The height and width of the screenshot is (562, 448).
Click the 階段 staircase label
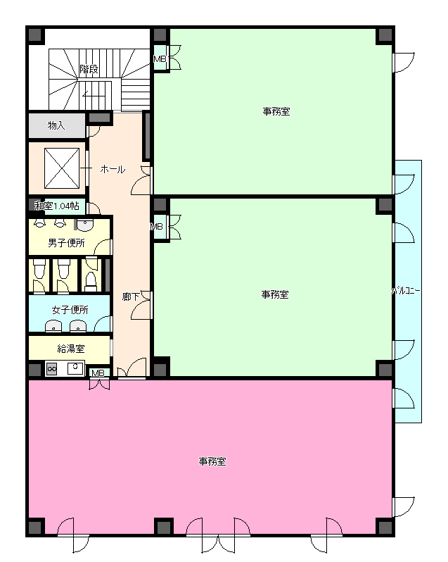pyautogui.click(x=89, y=68)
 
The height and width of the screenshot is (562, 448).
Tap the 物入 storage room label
pyautogui.click(x=56, y=125)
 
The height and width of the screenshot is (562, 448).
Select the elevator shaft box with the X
pyautogui.click(x=62, y=168)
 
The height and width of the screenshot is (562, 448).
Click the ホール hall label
pyautogui.click(x=113, y=169)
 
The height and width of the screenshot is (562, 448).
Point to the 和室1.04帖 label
pyautogui.click(x=57, y=206)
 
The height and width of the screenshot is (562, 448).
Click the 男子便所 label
pyautogui.click(x=66, y=243)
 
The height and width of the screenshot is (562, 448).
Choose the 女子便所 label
pyautogui.click(x=70, y=310)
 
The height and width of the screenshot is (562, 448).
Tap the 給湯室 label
pyautogui.click(x=71, y=349)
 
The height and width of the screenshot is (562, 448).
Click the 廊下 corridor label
pyautogui.click(x=130, y=296)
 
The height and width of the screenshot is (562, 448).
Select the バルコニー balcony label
pyautogui.click(x=406, y=291)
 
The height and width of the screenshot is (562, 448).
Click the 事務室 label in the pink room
pyautogui.click(x=212, y=461)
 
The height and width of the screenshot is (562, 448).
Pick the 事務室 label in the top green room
pyautogui.click(x=276, y=111)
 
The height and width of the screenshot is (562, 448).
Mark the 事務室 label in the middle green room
pyautogui.click(x=275, y=294)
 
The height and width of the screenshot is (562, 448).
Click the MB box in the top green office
pyautogui.click(x=160, y=58)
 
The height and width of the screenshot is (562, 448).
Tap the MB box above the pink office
pyautogui.click(x=98, y=373)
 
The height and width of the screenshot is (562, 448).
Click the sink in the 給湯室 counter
pyautogui.click(x=75, y=368)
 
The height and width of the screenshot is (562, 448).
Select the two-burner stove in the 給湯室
pyautogui.click(x=51, y=369)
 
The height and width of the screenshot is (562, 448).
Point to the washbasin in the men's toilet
pyautogui.click(x=85, y=225)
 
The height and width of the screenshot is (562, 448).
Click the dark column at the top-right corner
pyautogui.click(x=385, y=35)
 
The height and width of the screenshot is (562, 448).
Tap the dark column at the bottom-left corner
pyautogui.click(x=35, y=527)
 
